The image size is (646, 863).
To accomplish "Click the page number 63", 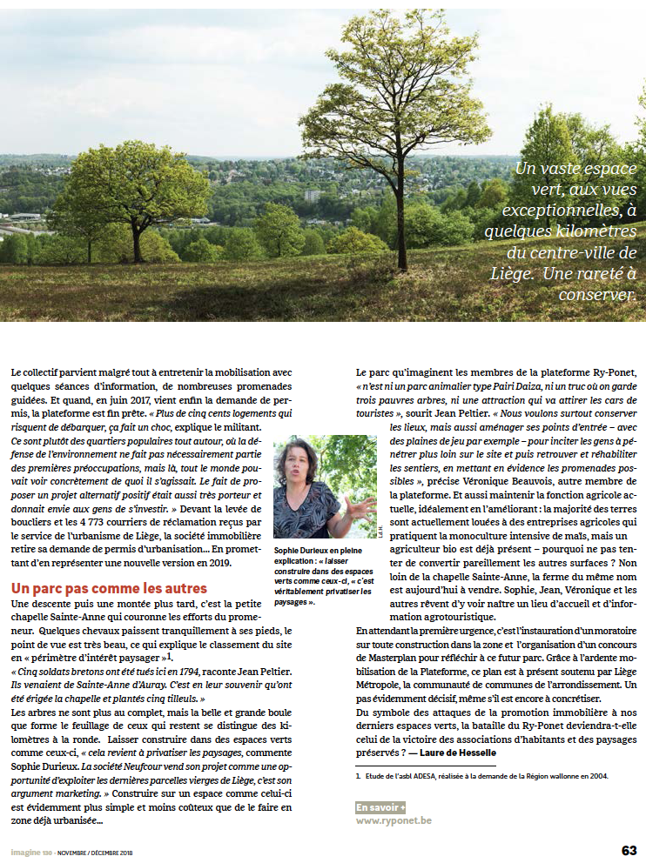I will [x=629, y=849].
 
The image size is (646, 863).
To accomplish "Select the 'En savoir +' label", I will [x=380, y=807].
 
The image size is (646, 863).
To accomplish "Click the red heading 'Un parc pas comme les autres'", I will [x=109, y=589].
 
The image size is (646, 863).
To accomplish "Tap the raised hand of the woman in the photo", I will [x=360, y=502].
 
